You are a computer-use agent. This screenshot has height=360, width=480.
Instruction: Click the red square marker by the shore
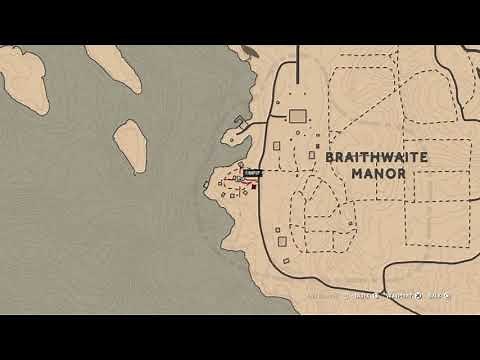[254, 185]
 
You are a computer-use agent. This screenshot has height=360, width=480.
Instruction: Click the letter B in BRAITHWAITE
[329, 157]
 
